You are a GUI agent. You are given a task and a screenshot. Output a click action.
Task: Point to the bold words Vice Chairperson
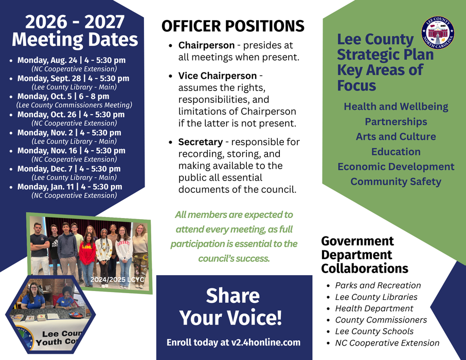point(218,76)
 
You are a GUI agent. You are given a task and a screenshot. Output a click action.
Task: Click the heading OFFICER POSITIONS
point(233,26)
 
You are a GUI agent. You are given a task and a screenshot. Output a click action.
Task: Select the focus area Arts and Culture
point(396,136)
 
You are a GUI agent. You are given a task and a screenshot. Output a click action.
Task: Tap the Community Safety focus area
point(396,182)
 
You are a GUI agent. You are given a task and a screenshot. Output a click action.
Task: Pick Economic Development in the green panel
point(396,167)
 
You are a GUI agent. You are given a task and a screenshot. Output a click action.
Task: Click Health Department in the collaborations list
point(374,309)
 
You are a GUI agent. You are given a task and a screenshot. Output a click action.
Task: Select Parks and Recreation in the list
point(378,285)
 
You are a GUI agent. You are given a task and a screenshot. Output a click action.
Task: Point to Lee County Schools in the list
point(374,331)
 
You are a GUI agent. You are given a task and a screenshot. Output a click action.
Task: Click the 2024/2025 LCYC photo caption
point(117,279)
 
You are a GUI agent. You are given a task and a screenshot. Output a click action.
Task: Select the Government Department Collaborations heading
point(365,255)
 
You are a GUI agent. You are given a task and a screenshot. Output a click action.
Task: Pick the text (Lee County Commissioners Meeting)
point(74,105)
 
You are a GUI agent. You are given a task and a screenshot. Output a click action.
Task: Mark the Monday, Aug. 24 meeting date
point(71,60)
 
